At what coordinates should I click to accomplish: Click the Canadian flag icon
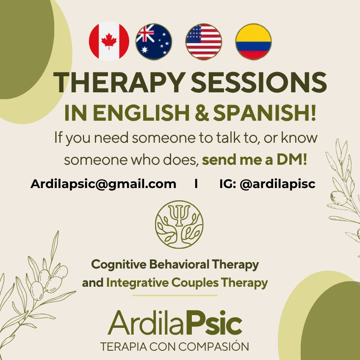tap(109, 42)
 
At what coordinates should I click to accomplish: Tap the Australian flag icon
tap(154, 42)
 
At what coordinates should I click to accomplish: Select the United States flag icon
tap(204, 42)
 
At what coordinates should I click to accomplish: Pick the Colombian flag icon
tap(253, 42)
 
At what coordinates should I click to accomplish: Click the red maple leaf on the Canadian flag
tap(109, 41)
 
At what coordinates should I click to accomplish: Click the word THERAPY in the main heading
tap(119, 83)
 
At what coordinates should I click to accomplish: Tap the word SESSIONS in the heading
tap(259, 83)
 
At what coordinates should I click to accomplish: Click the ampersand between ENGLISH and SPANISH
tap(201, 114)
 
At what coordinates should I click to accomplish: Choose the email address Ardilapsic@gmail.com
tap(103, 184)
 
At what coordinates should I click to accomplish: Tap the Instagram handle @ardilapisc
tap(277, 184)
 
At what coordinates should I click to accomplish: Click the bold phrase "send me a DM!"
tap(255, 160)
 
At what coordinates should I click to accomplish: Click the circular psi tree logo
tap(179, 224)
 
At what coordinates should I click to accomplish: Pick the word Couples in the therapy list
tap(195, 283)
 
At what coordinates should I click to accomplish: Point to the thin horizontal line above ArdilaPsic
tap(175, 296)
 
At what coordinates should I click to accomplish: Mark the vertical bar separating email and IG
tap(196, 184)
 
